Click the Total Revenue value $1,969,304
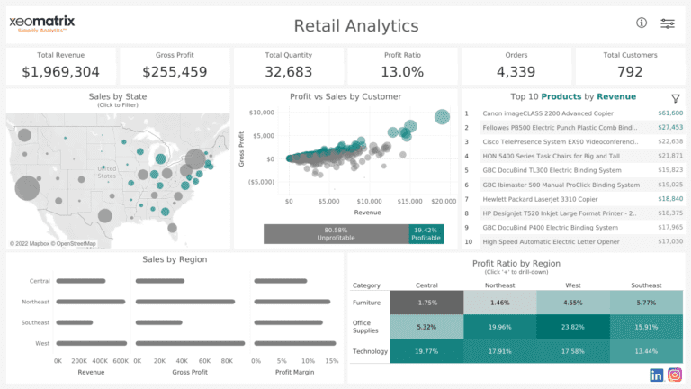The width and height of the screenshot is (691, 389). tap(60, 71)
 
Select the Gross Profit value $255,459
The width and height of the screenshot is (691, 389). tap(175, 71)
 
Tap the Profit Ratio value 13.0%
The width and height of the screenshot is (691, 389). tap(403, 71)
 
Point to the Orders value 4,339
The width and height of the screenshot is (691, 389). tap(516, 71)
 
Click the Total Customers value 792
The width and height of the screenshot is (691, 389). tap(631, 71)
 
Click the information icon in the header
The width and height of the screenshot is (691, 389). tap(642, 23)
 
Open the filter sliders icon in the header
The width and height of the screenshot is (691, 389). tap(668, 23)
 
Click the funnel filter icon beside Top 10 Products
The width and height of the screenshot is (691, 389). tap(675, 97)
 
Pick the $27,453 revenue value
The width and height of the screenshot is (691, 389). tap(670, 128)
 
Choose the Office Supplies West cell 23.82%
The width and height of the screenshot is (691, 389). tap(572, 328)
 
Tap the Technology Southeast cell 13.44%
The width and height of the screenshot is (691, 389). tap(645, 351)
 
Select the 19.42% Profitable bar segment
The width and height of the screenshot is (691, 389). tap(426, 234)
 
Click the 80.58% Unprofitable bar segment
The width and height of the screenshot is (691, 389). tap(336, 234)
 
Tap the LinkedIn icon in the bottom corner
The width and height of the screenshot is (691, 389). tap(656, 375)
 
